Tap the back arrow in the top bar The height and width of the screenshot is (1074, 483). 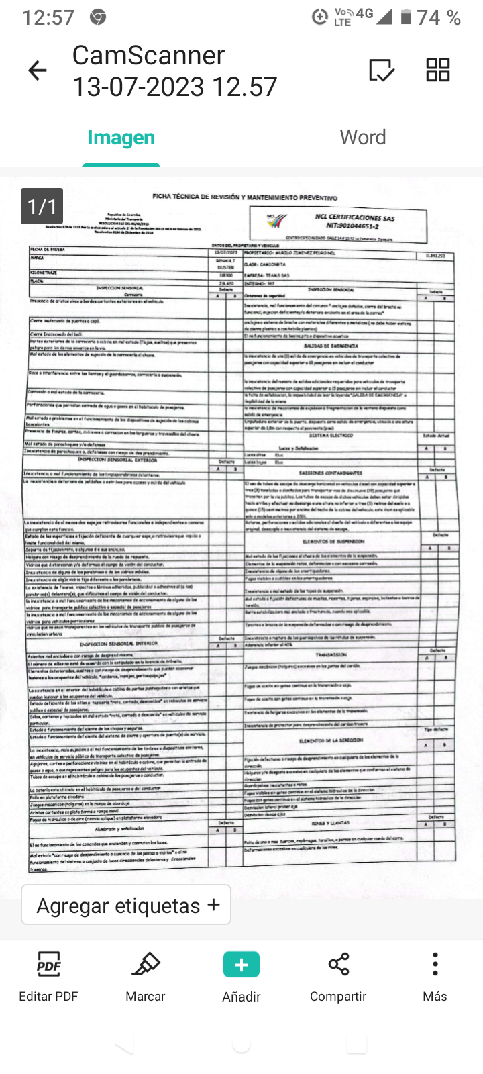tap(38, 70)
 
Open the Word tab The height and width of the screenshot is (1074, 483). tap(363, 138)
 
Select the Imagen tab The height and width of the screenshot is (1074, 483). tap(121, 138)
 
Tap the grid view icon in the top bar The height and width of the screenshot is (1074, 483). tap(437, 70)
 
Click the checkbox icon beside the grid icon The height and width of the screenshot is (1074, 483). tap(382, 70)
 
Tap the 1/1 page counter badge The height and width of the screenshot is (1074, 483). tap(42, 206)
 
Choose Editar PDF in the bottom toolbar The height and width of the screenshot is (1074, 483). tap(48, 976)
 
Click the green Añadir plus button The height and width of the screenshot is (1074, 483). tap(241, 965)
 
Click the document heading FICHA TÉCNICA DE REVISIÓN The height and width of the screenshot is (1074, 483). tap(244, 197)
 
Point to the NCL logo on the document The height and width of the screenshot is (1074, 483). tap(276, 220)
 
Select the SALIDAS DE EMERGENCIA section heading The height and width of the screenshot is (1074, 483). tap(331, 346)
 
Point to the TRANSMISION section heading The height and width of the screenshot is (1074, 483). tap(331, 654)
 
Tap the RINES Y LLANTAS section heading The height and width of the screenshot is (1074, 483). tap(331, 822)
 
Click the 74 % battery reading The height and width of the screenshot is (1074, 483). tap(439, 17)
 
